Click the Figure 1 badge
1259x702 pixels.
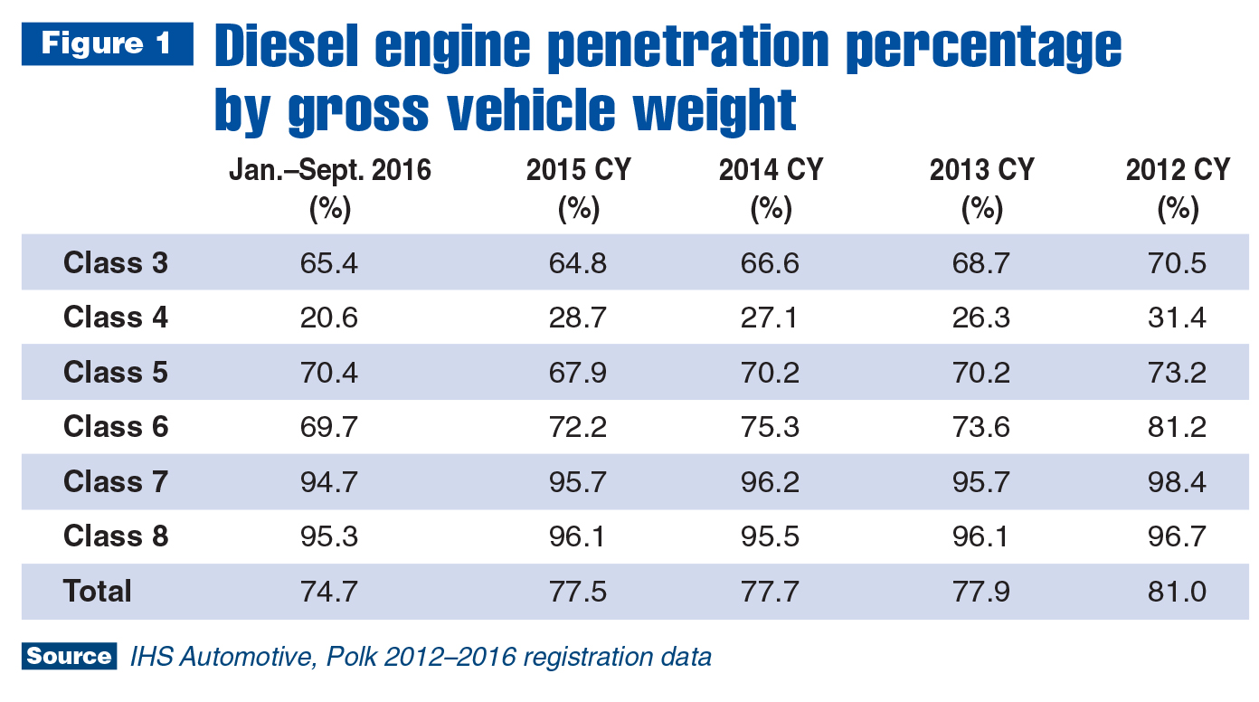[x=107, y=44]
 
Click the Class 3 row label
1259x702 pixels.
[x=116, y=263]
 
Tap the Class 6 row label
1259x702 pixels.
[x=116, y=427]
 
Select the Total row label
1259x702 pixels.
[x=98, y=592]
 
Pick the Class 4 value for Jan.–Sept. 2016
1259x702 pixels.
[x=329, y=318]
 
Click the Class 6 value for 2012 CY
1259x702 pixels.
[x=1178, y=427]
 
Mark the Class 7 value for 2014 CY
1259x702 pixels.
[x=770, y=482]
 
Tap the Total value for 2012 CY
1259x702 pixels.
[x=1178, y=592]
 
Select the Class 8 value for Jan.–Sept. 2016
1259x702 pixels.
[x=329, y=536]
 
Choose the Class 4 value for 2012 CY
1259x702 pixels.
[x=1178, y=318]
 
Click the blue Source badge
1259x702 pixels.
[x=70, y=656]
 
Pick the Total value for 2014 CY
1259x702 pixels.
[x=770, y=592]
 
